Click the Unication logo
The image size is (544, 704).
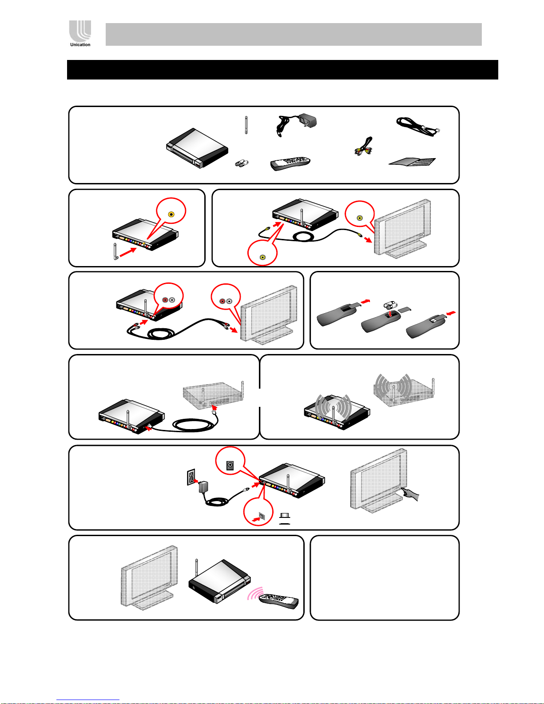pyautogui.click(x=80, y=32)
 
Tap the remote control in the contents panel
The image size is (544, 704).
pyautogui.click(x=290, y=163)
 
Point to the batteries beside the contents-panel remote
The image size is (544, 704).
pyautogui.click(x=242, y=163)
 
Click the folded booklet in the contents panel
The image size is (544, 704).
pyautogui.click(x=413, y=161)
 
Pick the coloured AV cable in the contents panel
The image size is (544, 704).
pyautogui.click(x=363, y=147)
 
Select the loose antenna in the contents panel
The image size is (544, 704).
pyautogui.click(x=246, y=125)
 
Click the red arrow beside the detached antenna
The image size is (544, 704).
pyautogui.click(x=128, y=253)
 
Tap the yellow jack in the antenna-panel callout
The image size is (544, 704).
pyautogui.click(x=171, y=214)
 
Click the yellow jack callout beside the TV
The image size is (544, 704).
pyautogui.click(x=360, y=218)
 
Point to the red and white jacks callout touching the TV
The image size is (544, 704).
pyautogui.click(x=226, y=301)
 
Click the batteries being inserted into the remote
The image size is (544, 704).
pyautogui.click(x=390, y=306)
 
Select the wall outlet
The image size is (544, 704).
pyautogui.click(x=191, y=478)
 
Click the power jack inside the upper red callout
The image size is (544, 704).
pyautogui.click(x=230, y=465)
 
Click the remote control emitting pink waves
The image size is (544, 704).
pyautogui.click(x=279, y=601)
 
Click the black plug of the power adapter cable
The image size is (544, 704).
pyautogui.click(x=245, y=490)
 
